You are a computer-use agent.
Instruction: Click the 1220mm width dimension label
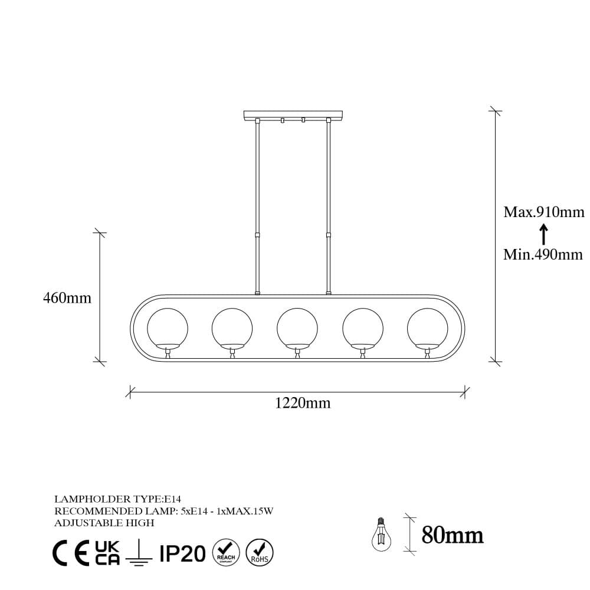303,404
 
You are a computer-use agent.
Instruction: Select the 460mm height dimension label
67,298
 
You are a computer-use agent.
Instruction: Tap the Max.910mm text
543,212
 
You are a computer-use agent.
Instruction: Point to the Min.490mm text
543,255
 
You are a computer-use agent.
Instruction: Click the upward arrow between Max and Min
544,234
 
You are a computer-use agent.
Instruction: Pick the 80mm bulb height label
453,535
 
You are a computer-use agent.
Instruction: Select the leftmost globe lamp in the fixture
168,327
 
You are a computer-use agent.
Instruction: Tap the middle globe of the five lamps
297,327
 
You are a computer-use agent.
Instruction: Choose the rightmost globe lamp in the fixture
427,327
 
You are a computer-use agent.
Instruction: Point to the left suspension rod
257,206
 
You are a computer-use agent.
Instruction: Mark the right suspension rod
328,206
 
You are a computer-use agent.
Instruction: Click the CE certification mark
71,553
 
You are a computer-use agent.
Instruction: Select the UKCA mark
107,553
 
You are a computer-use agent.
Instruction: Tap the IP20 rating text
182,553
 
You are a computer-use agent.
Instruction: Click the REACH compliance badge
226,553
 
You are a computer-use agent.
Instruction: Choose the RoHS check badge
259,553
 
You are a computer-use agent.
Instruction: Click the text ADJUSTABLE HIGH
104,523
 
